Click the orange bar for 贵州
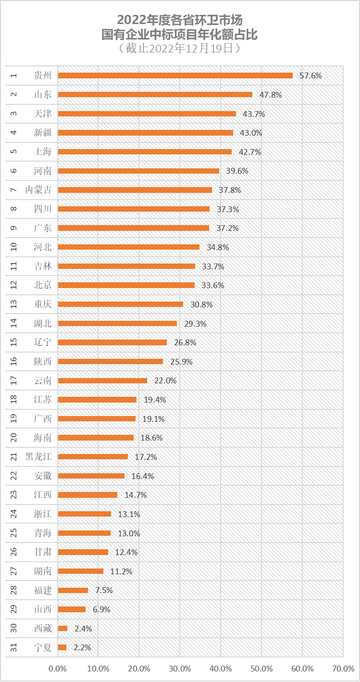pyautogui.click(x=175, y=76)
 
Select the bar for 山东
pyautogui.click(x=155, y=95)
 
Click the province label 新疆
pyautogui.click(x=43, y=133)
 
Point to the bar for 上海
pyautogui.click(x=145, y=152)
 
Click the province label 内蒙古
pyautogui.click(x=38, y=190)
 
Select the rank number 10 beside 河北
pyautogui.click(x=14, y=247)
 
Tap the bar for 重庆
pyautogui.click(x=121, y=304)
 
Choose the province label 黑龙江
pyautogui.click(x=38, y=457)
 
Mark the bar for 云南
pyautogui.click(x=102, y=380)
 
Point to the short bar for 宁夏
pyautogui.click(x=62, y=647)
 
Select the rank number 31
pyautogui.click(x=14, y=647)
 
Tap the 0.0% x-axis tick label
pyautogui.click(x=58, y=669)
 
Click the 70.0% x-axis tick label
pyautogui.click(x=343, y=669)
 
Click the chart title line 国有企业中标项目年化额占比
pyautogui.click(x=180, y=34)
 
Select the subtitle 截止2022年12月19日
pyautogui.click(x=180, y=48)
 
